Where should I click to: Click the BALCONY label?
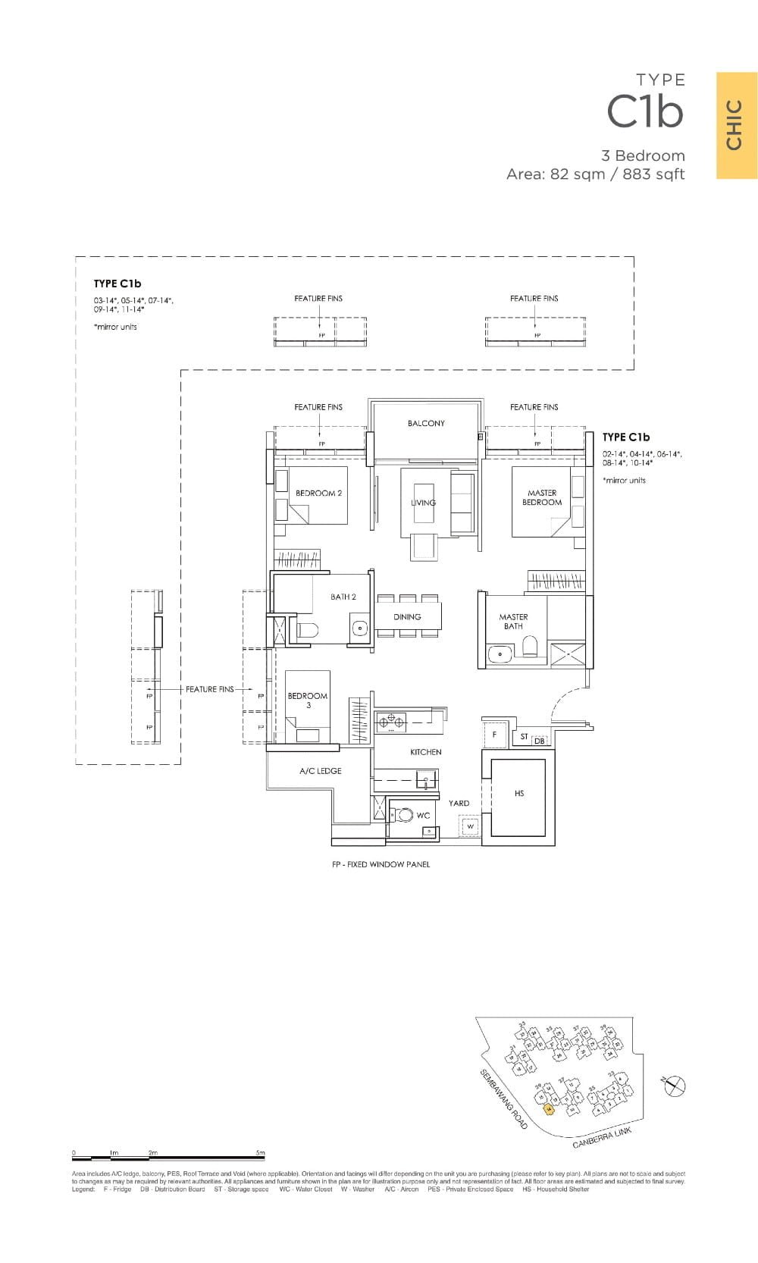point(426,423)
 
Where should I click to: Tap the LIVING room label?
point(423,503)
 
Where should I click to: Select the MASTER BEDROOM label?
point(542,497)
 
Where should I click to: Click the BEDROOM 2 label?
point(318,493)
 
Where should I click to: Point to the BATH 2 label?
point(343,597)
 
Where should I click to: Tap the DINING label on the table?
point(407,617)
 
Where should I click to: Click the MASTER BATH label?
point(513,622)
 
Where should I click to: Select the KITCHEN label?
point(425,752)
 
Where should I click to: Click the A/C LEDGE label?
point(320,771)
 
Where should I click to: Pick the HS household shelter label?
point(519,794)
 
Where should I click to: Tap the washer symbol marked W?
point(470,826)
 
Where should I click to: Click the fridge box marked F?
point(494,735)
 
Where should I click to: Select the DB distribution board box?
point(539,741)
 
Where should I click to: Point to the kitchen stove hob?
point(391,720)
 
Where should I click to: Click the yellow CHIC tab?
point(736,125)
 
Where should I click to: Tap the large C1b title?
point(645,112)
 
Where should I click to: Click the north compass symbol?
point(674,1086)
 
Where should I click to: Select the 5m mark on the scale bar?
point(261,1154)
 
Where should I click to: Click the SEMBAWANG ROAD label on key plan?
point(503,1099)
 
